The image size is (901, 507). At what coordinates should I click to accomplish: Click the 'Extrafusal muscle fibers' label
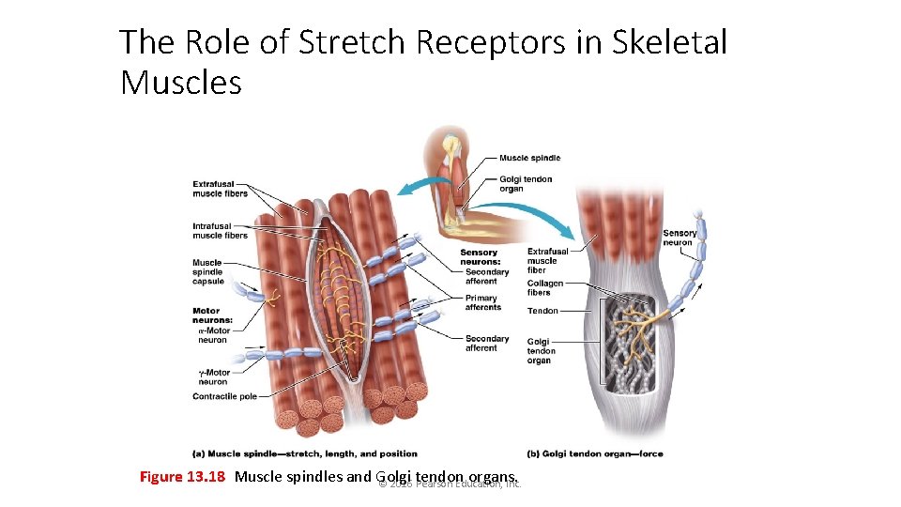pyautogui.click(x=220, y=189)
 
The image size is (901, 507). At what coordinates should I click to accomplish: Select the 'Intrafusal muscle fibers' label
pyautogui.click(x=220, y=231)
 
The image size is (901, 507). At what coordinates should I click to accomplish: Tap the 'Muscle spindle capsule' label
pyautogui.click(x=208, y=271)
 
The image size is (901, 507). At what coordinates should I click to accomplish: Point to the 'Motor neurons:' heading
pyautogui.click(x=212, y=315)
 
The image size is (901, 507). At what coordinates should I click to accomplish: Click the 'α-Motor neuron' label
pyautogui.click(x=213, y=335)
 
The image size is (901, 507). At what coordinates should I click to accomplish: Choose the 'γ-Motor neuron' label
pyautogui.click(x=213, y=376)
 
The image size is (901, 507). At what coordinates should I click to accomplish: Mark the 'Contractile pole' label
pyautogui.click(x=224, y=397)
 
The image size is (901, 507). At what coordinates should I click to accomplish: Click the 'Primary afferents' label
pyautogui.click(x=483, y=302)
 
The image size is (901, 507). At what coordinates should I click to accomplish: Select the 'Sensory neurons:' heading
pyautogui.click(x=479, y=257)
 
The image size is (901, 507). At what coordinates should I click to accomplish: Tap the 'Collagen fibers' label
pyautogui.click(x=545, y=287)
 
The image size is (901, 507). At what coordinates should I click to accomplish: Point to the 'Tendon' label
pyautogui.click(x=542, y=311)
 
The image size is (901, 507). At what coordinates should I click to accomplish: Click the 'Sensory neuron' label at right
pyautogui.click(x=680, y=238)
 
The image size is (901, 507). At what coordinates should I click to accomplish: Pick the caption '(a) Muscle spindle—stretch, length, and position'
pyautogui.click(x=305, y=454)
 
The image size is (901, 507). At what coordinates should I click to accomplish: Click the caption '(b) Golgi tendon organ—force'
pyautogui.click(x=595, y=454)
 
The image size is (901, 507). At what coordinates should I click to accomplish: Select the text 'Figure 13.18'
pyautogui.click(x=182, y=476)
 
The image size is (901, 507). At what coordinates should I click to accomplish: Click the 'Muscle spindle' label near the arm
pyautogui.click(x=529, y=159)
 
